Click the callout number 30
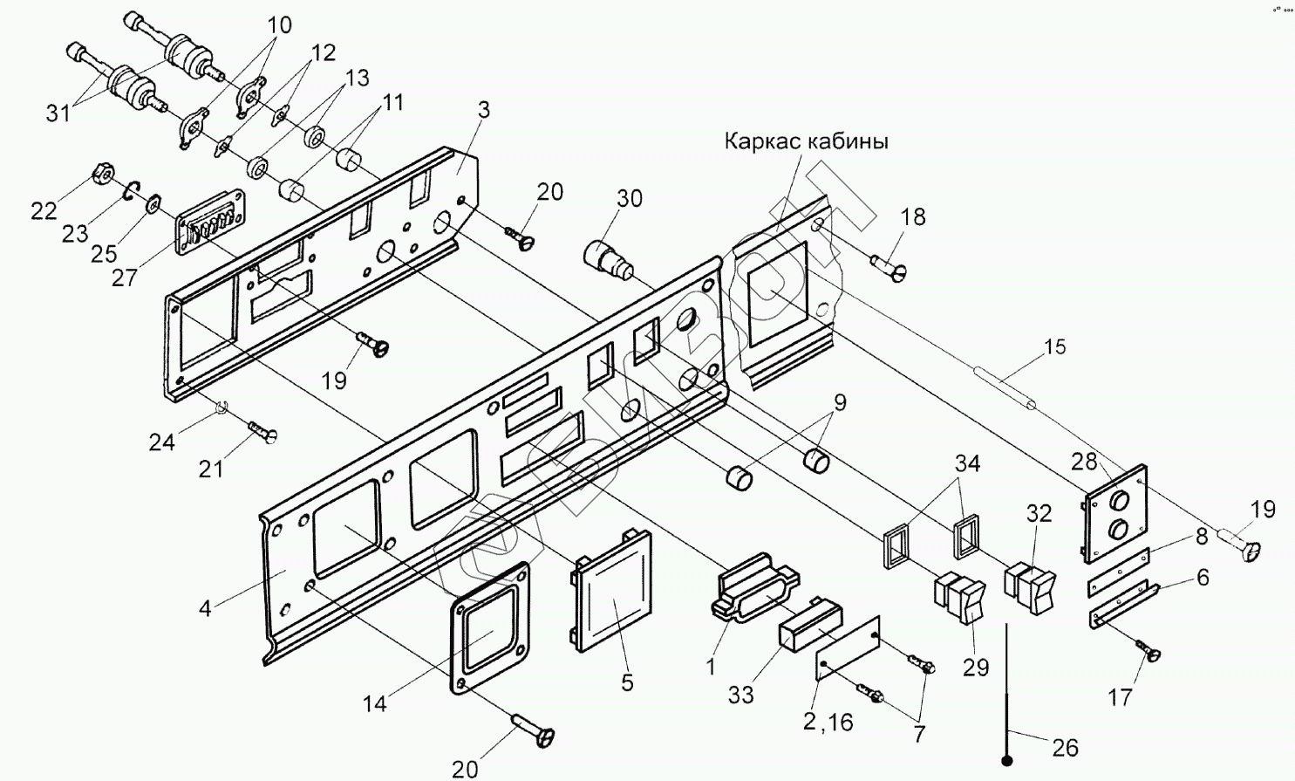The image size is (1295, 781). click(x=629, y=198)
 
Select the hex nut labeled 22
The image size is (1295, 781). click(x=104, y=174)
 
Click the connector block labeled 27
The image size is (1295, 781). click(x=210, y=223)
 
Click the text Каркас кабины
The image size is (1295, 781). click(x=807, y=141)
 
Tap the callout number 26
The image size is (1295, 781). click(x=1065, y=748)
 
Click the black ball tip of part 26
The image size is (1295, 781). click(x=1007, y=761)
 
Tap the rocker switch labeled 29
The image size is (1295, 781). click(x=959, y=599)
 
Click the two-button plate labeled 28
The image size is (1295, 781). click(x=1115, y=513)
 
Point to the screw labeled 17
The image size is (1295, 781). click(x=1148, y=651)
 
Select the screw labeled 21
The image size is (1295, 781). click(x=263, y=432)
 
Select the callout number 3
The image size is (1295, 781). click(x=484, y=109)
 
